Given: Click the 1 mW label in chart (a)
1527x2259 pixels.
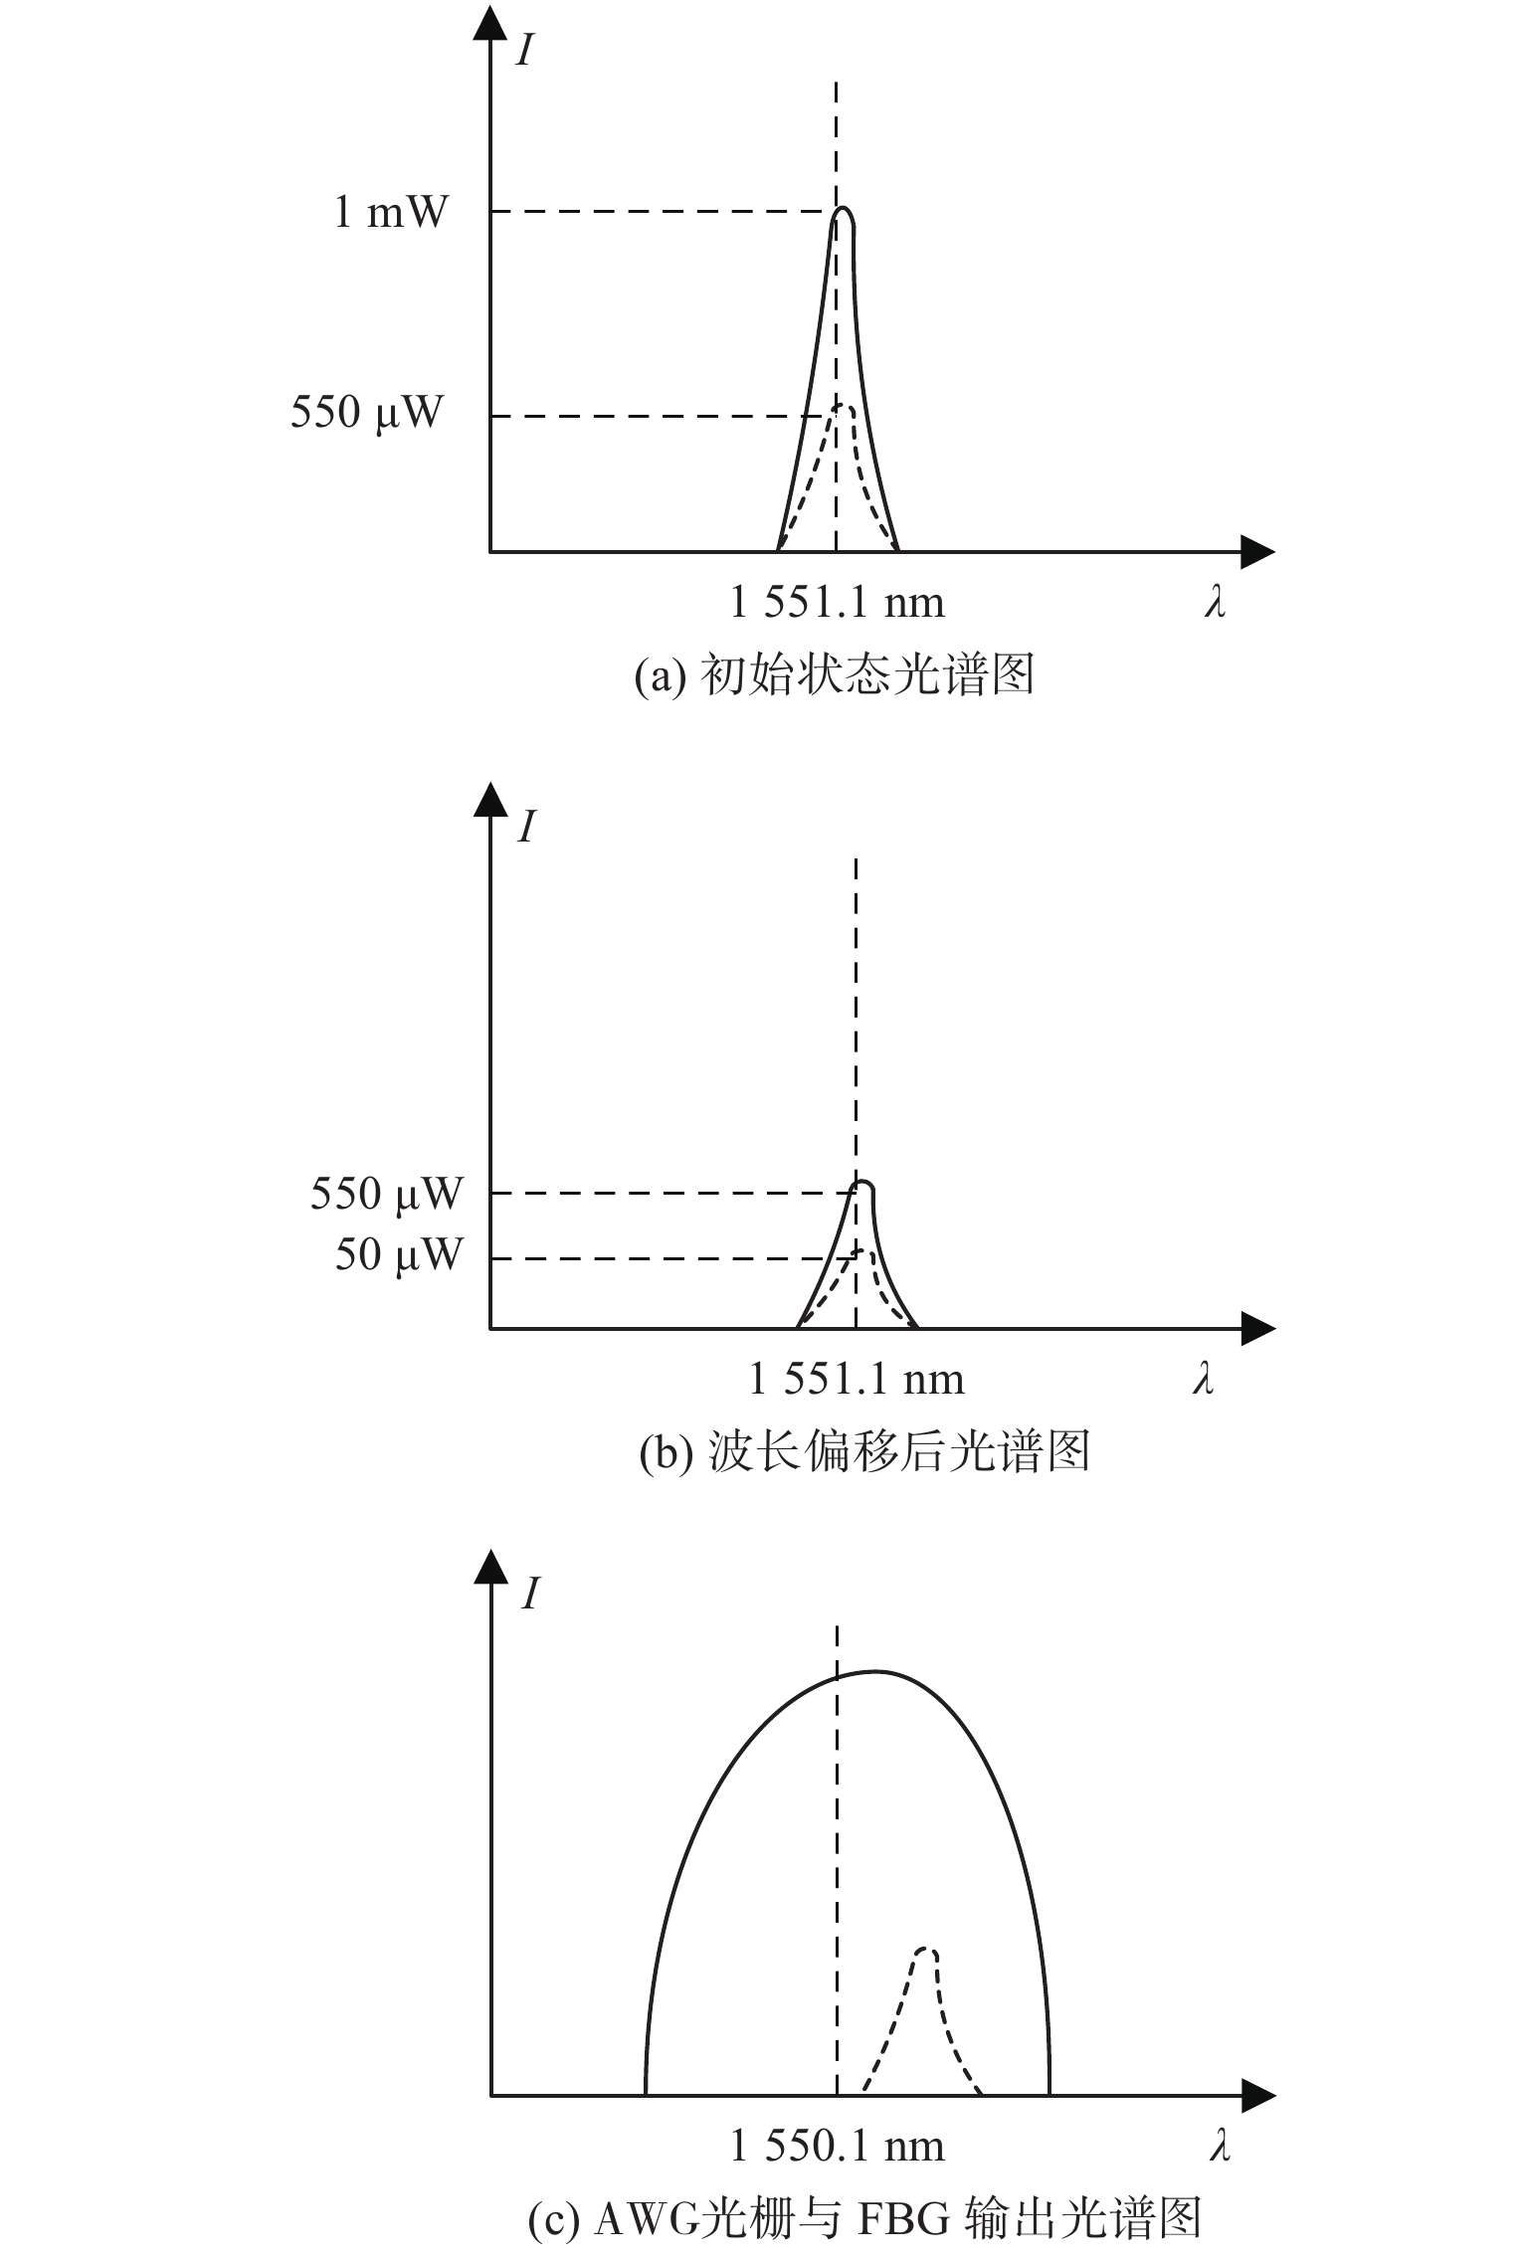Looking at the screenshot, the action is click(390, 212).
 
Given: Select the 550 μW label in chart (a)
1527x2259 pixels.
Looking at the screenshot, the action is click(365, 412).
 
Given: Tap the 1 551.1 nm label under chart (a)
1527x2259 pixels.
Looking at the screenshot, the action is click(837, 602).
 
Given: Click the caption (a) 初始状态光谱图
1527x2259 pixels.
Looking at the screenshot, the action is click(835, 675).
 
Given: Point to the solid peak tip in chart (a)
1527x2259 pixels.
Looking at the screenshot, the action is click(845, 208).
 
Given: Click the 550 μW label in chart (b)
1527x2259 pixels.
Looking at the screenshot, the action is click(386, 1193).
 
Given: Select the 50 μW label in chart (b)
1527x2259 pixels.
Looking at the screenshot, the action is click(399, 1255).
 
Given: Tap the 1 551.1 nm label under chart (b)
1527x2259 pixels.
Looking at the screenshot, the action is click(857, 1379).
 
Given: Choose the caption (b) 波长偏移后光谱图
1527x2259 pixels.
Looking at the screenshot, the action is click(864, 1452).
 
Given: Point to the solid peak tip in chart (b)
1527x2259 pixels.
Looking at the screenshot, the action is click(864, 1182).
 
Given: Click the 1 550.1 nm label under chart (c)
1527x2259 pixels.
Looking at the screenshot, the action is click(837, 2146).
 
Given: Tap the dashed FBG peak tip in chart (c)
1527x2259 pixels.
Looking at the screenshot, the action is click(927, 1947).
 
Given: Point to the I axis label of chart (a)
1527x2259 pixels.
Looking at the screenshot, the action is click(525, 49).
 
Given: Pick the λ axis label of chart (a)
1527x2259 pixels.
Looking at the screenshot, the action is click(1216, 602).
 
